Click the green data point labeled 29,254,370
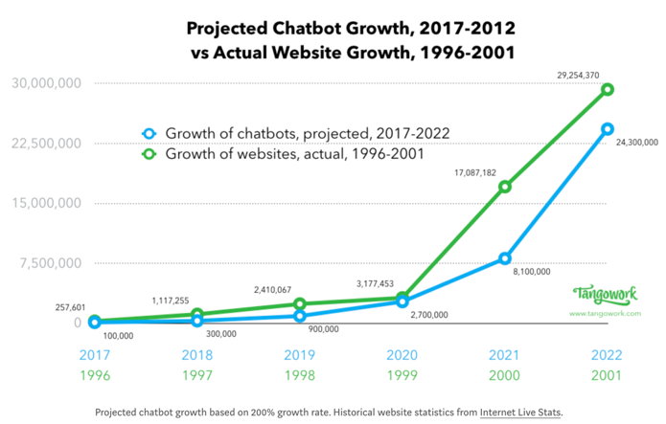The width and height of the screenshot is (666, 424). pos(607,90)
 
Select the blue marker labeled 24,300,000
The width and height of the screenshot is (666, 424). pos(607,129)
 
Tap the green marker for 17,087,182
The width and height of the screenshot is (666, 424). pos(504,187)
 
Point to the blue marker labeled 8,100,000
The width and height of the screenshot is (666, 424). pos(504,258)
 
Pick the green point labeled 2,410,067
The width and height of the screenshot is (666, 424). pos(299,304)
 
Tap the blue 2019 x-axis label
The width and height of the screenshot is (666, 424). pos(299,354)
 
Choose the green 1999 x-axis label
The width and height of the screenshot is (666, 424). pos(402,376)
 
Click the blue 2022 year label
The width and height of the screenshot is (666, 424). pos(607,354)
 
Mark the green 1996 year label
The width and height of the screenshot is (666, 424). pos(94,376)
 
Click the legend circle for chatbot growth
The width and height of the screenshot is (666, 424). pos(148,133)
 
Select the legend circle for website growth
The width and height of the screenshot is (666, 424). pos(148,153)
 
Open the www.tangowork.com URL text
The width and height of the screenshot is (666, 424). pos(605,313)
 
